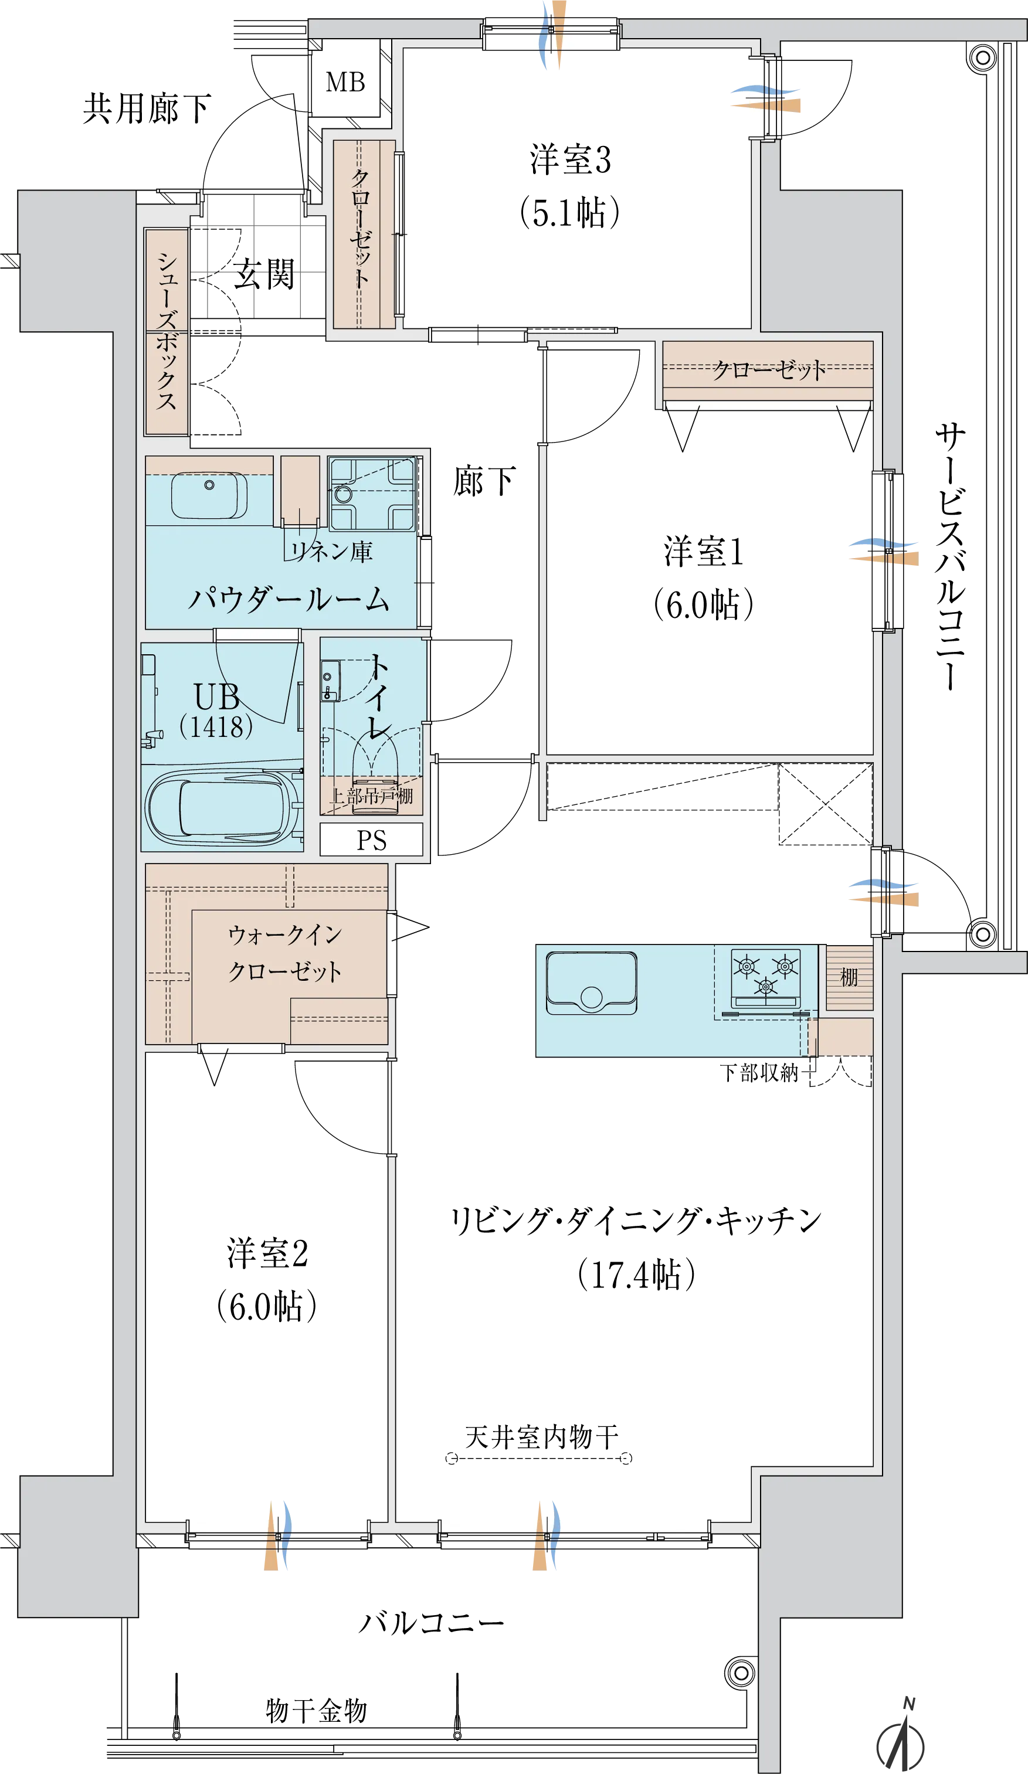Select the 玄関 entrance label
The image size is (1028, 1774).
pos(264,273)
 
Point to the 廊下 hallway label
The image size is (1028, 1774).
pos(484,481)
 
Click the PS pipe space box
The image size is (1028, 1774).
pos(371,840)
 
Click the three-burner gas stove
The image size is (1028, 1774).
pos(765,979)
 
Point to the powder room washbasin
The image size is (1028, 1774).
pos(209,495)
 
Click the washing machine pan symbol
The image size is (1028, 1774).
pos(372,494)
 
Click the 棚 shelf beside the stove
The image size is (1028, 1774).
pos(849,977)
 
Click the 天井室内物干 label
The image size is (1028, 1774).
pos(541,1437)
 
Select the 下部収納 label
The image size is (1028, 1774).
pos(759,1073)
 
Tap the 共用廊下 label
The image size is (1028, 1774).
pos(147,108)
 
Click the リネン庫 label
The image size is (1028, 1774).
pos(332,551)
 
